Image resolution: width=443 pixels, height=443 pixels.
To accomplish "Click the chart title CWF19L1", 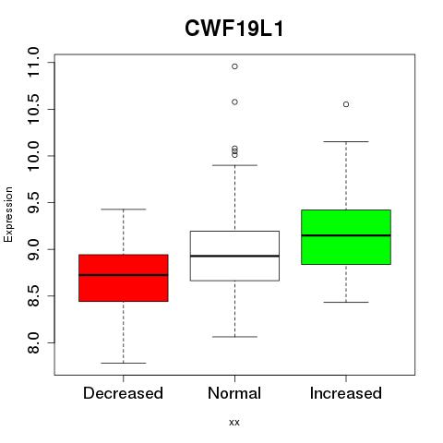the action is pos(234,29).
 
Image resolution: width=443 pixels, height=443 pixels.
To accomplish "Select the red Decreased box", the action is pos(124,278).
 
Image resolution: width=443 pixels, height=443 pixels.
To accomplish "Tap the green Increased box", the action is pos(346,237).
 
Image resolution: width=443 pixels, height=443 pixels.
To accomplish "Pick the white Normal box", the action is pos(234,256).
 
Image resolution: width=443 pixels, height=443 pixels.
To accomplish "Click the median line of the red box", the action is pos(124,275).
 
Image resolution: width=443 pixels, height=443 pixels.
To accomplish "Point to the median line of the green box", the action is pos(346,235).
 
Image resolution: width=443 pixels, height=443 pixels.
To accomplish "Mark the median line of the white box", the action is pos(234,256).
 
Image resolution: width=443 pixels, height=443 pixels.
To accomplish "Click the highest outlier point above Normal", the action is pos(234,66).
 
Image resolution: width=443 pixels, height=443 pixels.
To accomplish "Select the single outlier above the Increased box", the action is pos(346,104).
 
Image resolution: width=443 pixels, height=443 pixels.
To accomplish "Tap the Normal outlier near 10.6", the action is pos(234,102).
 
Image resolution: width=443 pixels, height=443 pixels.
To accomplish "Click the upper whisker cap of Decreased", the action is pos(124,210).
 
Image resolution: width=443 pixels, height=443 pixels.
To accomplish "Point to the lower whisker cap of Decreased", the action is pos(124,363).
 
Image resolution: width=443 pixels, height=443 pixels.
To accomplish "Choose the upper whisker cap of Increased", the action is pos(346,141).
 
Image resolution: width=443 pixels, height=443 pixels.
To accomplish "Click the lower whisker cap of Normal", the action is pos(234,337).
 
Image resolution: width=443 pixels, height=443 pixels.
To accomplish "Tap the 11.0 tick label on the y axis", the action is pos(33,63).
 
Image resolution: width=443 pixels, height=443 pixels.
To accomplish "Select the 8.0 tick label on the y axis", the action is pos(33,342).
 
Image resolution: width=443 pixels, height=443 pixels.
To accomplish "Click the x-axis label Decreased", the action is pos(123,393).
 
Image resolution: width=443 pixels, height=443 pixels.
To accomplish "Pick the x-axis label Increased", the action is pos(346,393).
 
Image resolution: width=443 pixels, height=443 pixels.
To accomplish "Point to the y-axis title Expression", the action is pos(8,214).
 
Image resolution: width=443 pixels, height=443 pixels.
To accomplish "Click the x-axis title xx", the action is pos(234,423).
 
